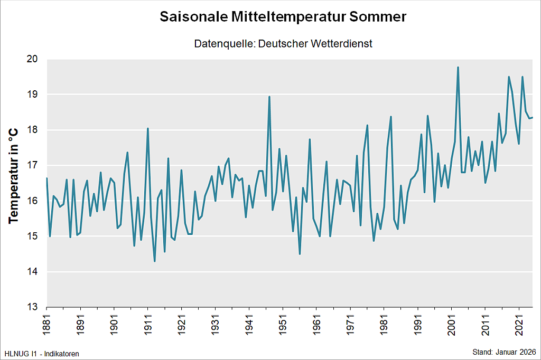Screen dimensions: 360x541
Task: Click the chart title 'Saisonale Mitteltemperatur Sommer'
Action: coord(283,17)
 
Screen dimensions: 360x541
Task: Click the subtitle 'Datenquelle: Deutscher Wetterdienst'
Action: coord(283,44)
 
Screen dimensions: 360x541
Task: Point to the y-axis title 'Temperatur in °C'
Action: coord(14,176)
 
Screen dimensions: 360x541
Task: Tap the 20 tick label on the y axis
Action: coord(33,59)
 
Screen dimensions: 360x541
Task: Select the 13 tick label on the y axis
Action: coord(33,307)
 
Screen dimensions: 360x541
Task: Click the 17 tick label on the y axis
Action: coord(33,165)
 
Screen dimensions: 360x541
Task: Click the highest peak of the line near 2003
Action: coord(458,67)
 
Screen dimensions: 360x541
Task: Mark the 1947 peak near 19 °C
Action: coord(269,97)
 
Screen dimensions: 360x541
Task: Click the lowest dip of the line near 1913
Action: coord(155,261)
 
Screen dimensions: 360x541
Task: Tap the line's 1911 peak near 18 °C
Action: coord(148,128)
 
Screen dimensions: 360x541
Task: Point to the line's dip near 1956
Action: coord(300,254)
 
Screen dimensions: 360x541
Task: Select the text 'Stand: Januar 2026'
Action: coord(503,352)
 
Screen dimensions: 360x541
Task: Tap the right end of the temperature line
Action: coord(533,117)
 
